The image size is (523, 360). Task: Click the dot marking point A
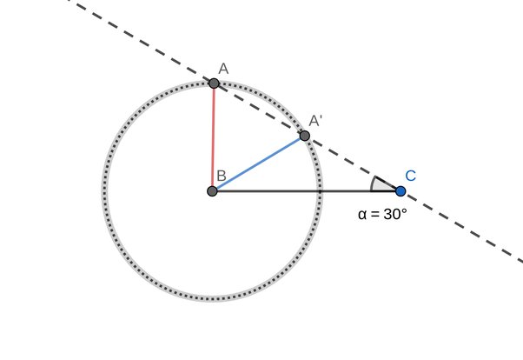pyautogui.click(x=214, y=83)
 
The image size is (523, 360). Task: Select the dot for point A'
pyautogui.click(x=304, y=136)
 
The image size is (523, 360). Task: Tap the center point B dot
pyautogui.click(x=213, y=190)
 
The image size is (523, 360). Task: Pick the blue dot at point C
pyautogui.click(x=401, y=191)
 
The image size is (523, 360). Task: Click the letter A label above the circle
pyautogui.click(x=223, y=68)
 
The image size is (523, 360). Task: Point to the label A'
pyautogui.click(x=315, y=121)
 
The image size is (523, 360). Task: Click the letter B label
pyautogui.click(x=222, y=176)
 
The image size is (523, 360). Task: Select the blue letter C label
pyautogui.click(x=410, y=176)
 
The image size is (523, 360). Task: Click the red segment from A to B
pyautogui.click(x=213, y=137)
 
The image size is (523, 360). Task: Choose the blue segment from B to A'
pyautogui.click(x=259, y=163)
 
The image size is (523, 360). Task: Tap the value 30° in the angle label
pyautogui.click(x=393, y=213)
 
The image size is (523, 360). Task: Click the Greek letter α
pyautogui.click(x=362, y=214)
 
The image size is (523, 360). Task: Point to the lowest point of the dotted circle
pyautogui.click(x=213, y=298)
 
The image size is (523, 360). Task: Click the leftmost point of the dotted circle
pyautogui.click(x=105, y=190)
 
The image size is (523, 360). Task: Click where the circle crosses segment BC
pyautogui.click(x=321, y=190)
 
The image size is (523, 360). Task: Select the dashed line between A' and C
pyautogui.click(x=352, y=163)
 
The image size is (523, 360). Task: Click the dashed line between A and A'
pyautogui.click(x=259, y=110)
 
